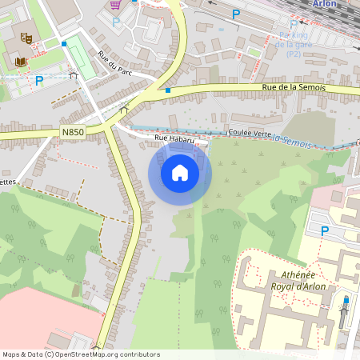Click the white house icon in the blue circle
180,172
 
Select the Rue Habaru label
175,138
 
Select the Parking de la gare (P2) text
294,45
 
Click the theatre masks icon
26,37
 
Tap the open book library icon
21,62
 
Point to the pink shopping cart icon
115,3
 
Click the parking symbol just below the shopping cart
115,22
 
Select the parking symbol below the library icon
39,80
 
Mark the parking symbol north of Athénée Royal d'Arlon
325,230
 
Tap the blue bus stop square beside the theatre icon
63,43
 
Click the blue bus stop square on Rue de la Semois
168,90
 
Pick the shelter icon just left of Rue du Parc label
73,76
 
